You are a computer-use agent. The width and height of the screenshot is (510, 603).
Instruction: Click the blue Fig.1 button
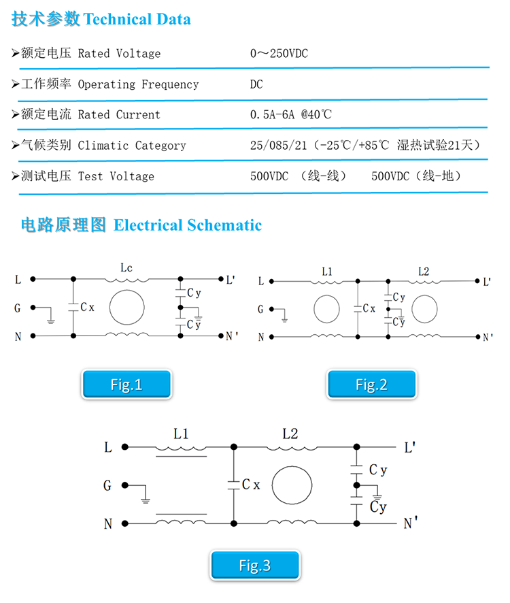pyautogui.click(x=126, y=384)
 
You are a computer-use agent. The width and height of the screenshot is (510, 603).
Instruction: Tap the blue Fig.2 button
pyautogui.click(x=372, y=384)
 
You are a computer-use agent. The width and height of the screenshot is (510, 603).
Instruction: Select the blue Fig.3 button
pyautogui.click(x=255, y=565)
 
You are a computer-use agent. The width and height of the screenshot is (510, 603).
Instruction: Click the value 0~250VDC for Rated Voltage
pyautogui.click(x=279, y=53)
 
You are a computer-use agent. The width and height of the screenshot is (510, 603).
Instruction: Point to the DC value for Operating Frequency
pyautogui.click(x=256, y=84)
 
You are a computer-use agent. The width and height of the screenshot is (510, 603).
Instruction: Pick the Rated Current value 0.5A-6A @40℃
pyautogui.click(x=291, y=114)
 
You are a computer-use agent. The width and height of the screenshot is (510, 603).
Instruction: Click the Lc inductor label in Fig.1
pyautogui.click(x=126, y=267)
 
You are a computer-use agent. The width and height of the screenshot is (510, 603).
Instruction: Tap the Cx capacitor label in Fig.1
pyautogui.click(x=88, y=307)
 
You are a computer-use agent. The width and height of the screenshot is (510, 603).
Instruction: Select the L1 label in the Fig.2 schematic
pyautogui.click(x=327, y=272)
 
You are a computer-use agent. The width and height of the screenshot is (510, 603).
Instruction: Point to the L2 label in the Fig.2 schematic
pyautogui.click(x=424, y=272)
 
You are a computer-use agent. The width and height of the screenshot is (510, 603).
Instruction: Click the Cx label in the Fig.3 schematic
pyautogui.click(x=252, y=485)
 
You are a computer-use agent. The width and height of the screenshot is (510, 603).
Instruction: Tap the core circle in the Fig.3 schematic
pyautogui.click(x=292, y=466)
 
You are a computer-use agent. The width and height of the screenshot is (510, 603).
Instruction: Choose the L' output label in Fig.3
pyautogui.click(x=409, y=447)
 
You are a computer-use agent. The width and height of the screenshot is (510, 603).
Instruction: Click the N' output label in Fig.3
pyautogui.click(x=411, y=523)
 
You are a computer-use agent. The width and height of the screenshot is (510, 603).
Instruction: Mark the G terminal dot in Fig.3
pyautogui.click(x=125, y=485)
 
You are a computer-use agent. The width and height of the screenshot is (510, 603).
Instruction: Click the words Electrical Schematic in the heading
pyautogui.click(x=188, y=225)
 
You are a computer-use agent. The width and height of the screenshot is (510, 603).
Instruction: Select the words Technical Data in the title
pyautogui.click(x=137, y=19)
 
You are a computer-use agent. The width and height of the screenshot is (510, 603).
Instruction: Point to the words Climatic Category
pyautogui.click(x=132, y=146)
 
